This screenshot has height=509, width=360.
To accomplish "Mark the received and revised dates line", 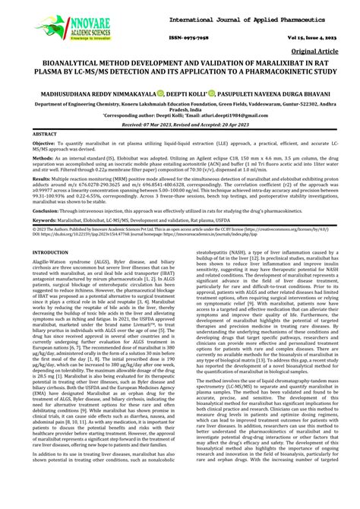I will (180, 124).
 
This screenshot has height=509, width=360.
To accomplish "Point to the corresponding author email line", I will (180, 115).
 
